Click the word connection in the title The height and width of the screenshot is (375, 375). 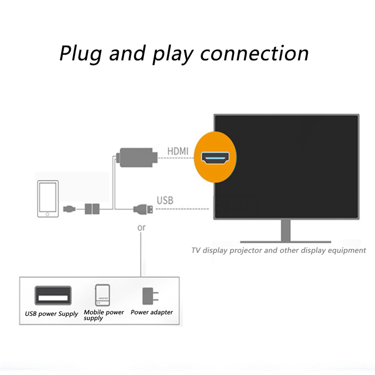(255, 53)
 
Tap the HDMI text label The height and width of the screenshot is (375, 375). (178, 151)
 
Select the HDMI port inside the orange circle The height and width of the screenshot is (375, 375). (215, 157)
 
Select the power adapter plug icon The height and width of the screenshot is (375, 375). (150, 296)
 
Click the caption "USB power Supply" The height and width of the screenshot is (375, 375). (52, 314)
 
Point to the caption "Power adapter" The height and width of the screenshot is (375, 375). (151, 312)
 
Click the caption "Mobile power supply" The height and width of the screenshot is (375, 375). (104, 315)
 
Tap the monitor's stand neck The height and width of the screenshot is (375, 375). (286, 230)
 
